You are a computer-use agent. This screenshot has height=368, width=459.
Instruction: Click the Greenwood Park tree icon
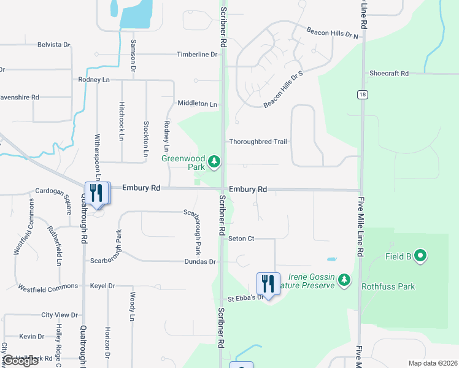coord(214,162)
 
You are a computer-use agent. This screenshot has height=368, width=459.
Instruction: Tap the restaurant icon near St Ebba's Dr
coord(268,283)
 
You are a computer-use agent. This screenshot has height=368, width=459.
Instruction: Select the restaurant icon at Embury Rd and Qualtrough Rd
coord(97,193)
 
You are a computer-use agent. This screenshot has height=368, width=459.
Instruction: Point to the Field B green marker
coord(420,256)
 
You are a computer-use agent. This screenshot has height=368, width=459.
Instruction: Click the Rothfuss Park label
coord(388,286)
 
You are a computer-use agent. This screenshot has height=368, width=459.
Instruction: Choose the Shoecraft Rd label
coord(389,74)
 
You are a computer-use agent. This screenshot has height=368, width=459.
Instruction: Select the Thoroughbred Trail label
coord(258,142)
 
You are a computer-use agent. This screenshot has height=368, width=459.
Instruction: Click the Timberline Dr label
coord(197,55)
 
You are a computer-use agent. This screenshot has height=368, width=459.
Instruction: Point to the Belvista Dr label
coord(54,45)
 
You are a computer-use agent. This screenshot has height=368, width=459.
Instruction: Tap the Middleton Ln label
coord(197,104)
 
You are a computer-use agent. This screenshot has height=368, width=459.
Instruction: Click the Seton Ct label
coord(241,239)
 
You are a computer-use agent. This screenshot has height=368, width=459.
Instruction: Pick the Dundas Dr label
coord(200,262)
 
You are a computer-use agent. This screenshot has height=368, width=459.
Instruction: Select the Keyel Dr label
coord(102,286)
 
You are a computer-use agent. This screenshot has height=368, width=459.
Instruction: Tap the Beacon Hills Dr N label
coord(332,33)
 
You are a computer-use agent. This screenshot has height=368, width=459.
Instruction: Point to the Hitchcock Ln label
coord(121,121)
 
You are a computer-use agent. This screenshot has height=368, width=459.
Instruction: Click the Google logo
coord(20,361)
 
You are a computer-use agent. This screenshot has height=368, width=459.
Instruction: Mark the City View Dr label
coord(60,315)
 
